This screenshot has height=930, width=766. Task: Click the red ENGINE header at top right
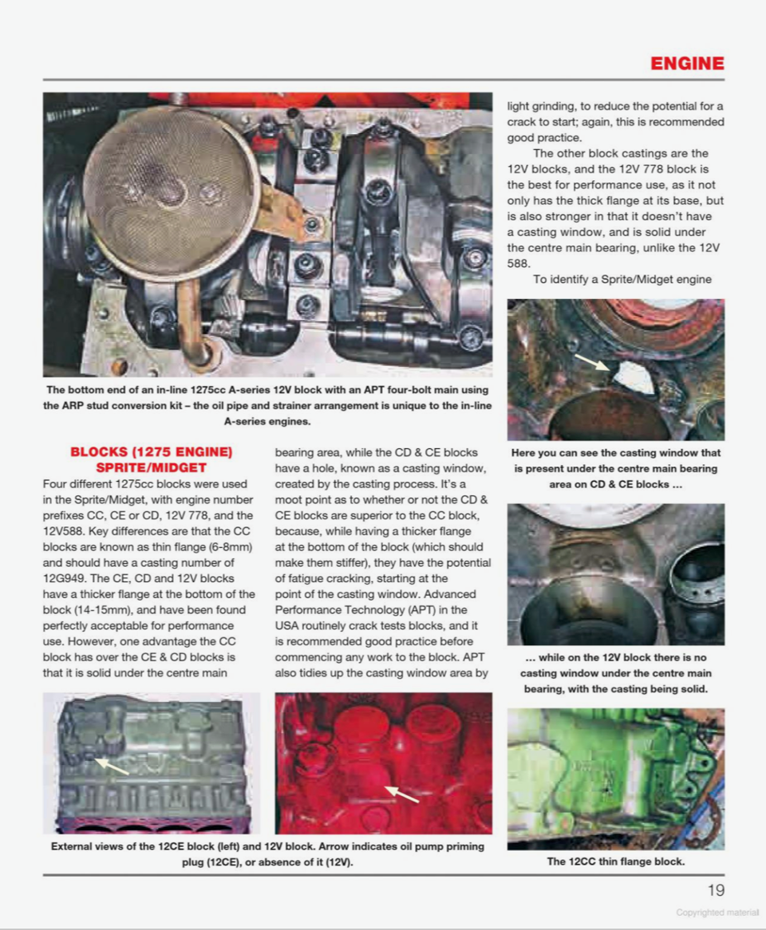687,64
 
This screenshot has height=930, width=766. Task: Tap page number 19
716,890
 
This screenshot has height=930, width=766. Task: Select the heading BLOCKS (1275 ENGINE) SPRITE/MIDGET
152,459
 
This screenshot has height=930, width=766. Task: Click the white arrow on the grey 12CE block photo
113,766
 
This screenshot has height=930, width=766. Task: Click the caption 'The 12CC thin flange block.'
615,861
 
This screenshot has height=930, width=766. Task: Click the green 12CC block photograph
615,778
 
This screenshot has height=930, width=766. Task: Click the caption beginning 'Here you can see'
615,468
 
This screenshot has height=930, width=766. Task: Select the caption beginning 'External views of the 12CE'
267,853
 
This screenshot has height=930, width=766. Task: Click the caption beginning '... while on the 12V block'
615,673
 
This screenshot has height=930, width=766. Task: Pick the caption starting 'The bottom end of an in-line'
267,405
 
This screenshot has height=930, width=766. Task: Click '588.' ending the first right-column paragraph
519,263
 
